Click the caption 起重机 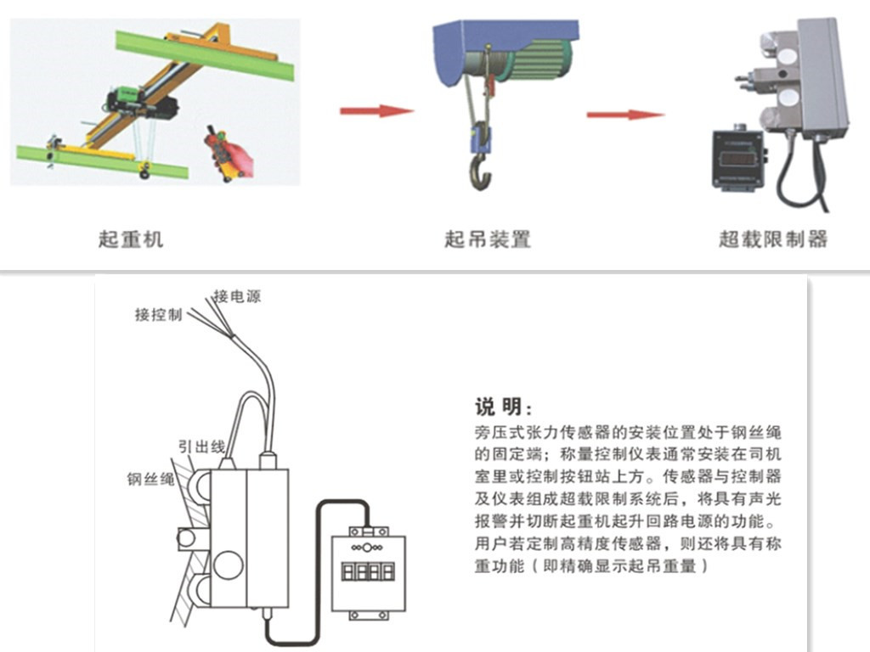point(130,239)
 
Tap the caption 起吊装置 point(488,239)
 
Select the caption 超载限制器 point(772,239)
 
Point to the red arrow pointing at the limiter point(624,115)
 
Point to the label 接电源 point(237,296)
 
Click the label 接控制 point(159,315)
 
